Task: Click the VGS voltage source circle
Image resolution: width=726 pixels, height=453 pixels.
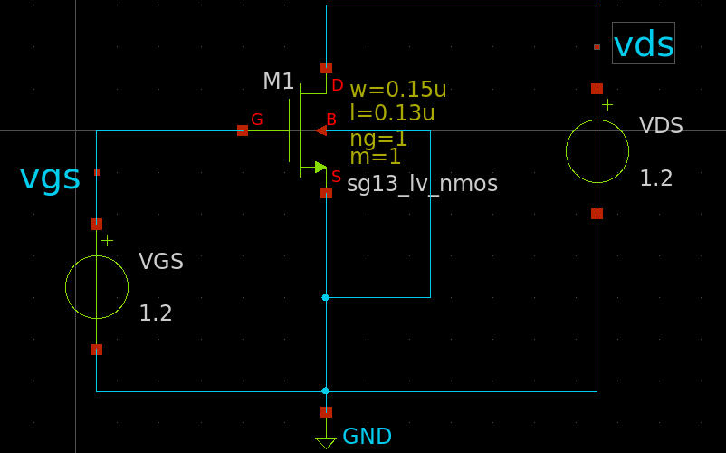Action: click(x=97, y=287)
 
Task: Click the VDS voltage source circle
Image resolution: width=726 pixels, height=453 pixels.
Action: click(x=597, y=151)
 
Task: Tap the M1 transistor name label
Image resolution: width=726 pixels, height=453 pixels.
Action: click(x=279, y=82)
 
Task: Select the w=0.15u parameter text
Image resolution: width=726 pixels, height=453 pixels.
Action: click(x=397, y=90)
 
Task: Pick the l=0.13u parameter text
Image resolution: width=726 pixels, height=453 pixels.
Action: click(x=392, y=113)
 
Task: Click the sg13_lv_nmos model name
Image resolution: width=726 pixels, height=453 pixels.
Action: click(x=422, y=184)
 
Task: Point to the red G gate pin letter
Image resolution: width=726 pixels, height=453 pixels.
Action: click(x=257, y=120)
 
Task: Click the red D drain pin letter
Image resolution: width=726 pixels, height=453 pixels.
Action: click(x=338, y=85)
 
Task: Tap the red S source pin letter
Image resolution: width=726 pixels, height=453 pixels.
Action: click(x=337, y=177)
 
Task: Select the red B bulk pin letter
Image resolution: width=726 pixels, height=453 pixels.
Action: click(x=331, y=120)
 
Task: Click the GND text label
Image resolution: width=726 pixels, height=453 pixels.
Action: click(x=367, y=437)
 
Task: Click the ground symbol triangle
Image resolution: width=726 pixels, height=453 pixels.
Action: click(x=326, y=443)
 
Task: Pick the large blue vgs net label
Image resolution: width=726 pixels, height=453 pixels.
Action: click(x=50, y=178)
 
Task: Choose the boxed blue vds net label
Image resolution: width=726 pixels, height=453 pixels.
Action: click(x=644, y=43)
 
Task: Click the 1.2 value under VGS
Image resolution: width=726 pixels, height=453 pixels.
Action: click(x=155, y=313)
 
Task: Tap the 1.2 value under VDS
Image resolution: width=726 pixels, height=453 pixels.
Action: click(x=656, y=178)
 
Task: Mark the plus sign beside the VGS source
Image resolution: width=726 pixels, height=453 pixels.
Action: click(x=108, y=240)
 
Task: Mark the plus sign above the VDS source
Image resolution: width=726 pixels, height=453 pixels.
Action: click(x=607, y=105)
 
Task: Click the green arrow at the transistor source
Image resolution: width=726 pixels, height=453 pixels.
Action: click(x=320, y=167)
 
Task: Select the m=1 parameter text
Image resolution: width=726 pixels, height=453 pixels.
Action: click(x=375, y=157)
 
